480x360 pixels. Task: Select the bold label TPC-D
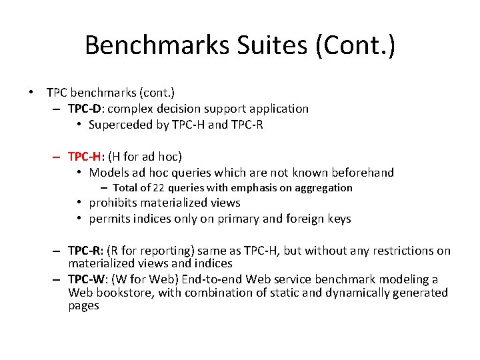point(85,108)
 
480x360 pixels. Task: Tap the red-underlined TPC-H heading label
point(85,157)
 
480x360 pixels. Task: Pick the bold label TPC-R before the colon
point(85,251)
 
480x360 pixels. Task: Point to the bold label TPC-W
point(86,279)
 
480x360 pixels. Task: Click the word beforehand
point(362,173)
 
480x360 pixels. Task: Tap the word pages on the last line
point(83,306)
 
